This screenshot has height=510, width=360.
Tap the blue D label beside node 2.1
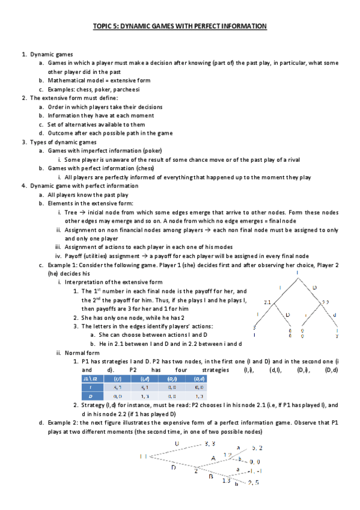tap(287, 314)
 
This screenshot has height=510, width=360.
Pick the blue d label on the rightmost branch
tap(334, 314)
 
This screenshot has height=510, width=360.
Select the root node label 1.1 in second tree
tap(144, 456)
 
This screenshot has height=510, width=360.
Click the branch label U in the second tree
tap(177, 443)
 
